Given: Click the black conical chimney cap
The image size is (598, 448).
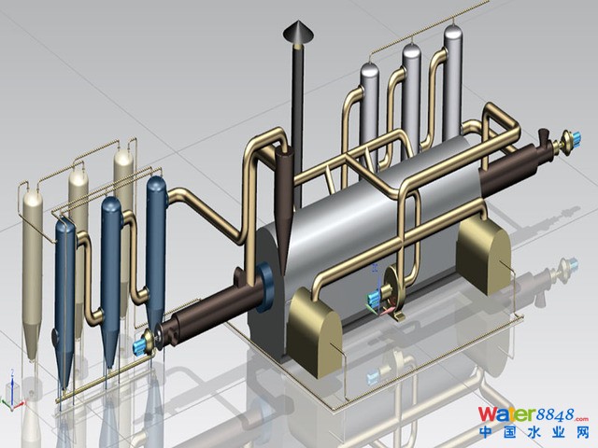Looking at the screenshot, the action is tap(298, 32).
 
